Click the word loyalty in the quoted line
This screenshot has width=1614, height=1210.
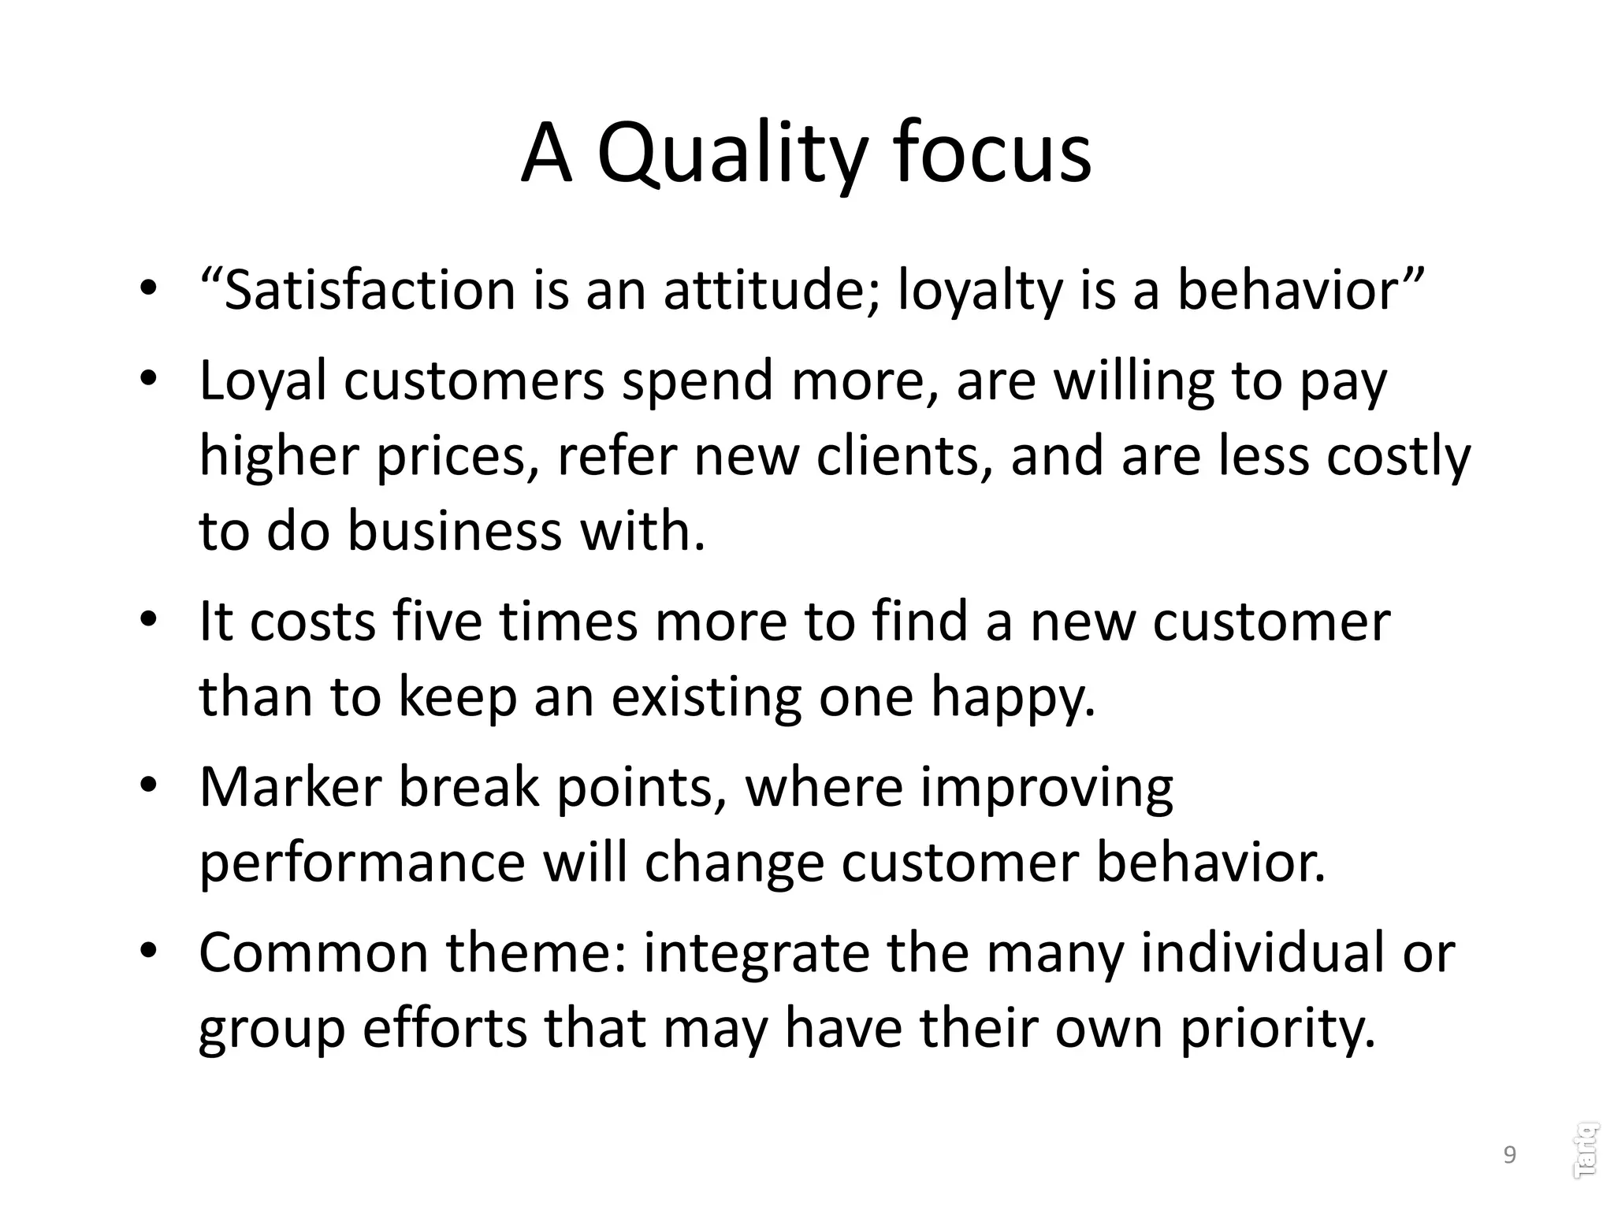(975, 290)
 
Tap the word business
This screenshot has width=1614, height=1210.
(455, 531)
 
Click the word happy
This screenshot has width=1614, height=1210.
(1013, 697)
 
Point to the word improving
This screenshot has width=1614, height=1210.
(1047, 787)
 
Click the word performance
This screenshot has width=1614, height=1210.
(362, 863)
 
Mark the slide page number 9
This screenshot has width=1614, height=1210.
(1509, 1155)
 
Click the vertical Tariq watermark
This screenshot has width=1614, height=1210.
(1585, 1150)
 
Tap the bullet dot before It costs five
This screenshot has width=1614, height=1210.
(149, 621)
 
